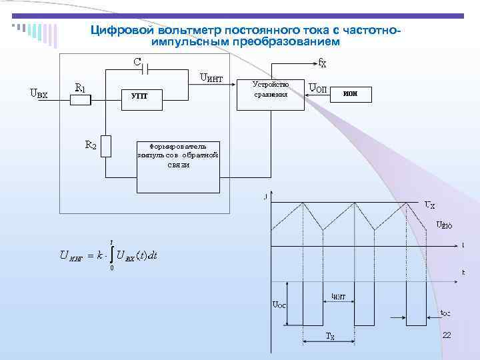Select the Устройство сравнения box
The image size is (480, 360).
[270, 89]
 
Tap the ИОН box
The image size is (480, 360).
[351, 93]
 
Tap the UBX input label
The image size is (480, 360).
[39, 93]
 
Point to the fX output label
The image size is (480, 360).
[322, 63]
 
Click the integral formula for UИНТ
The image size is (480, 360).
[108, 255]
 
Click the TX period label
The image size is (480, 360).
[329, 337]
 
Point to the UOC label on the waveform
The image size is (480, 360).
[278, 305]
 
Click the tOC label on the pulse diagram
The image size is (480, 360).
[444, 312]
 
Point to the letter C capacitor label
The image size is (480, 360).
[136, 62]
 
